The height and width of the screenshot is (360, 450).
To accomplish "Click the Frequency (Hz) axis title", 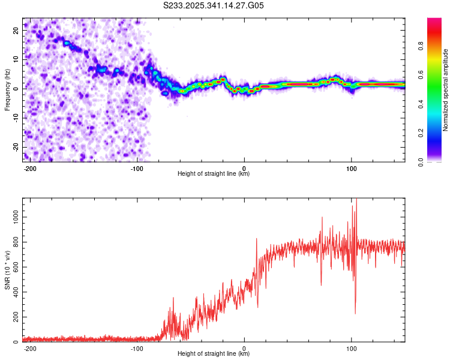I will pyautogui.click(x=7, y=90).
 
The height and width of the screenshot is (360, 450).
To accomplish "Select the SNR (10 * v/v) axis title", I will pyautogui.click(x=7, y=270).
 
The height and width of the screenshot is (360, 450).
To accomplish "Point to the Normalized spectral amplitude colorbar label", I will pyautogui.click(x=446, y=90).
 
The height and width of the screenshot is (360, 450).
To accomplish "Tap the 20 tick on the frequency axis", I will pyautogui.click(x=15, y=29).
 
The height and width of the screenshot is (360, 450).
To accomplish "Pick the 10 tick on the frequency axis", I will pyautogui.click(x=15, y=59).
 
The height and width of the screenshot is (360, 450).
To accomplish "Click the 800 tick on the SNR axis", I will pyautogui.click(x=14, y=241).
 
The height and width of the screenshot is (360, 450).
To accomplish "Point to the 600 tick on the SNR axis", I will pyautogui.click(x=14, y=266).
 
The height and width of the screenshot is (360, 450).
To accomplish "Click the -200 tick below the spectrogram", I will pyautogui.click(x=30, y=168).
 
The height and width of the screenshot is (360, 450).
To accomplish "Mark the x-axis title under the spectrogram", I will pyautogui.click(x=214, y=174).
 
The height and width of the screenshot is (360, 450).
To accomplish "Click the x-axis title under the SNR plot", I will pyautogui.click(x=214, y=354).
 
